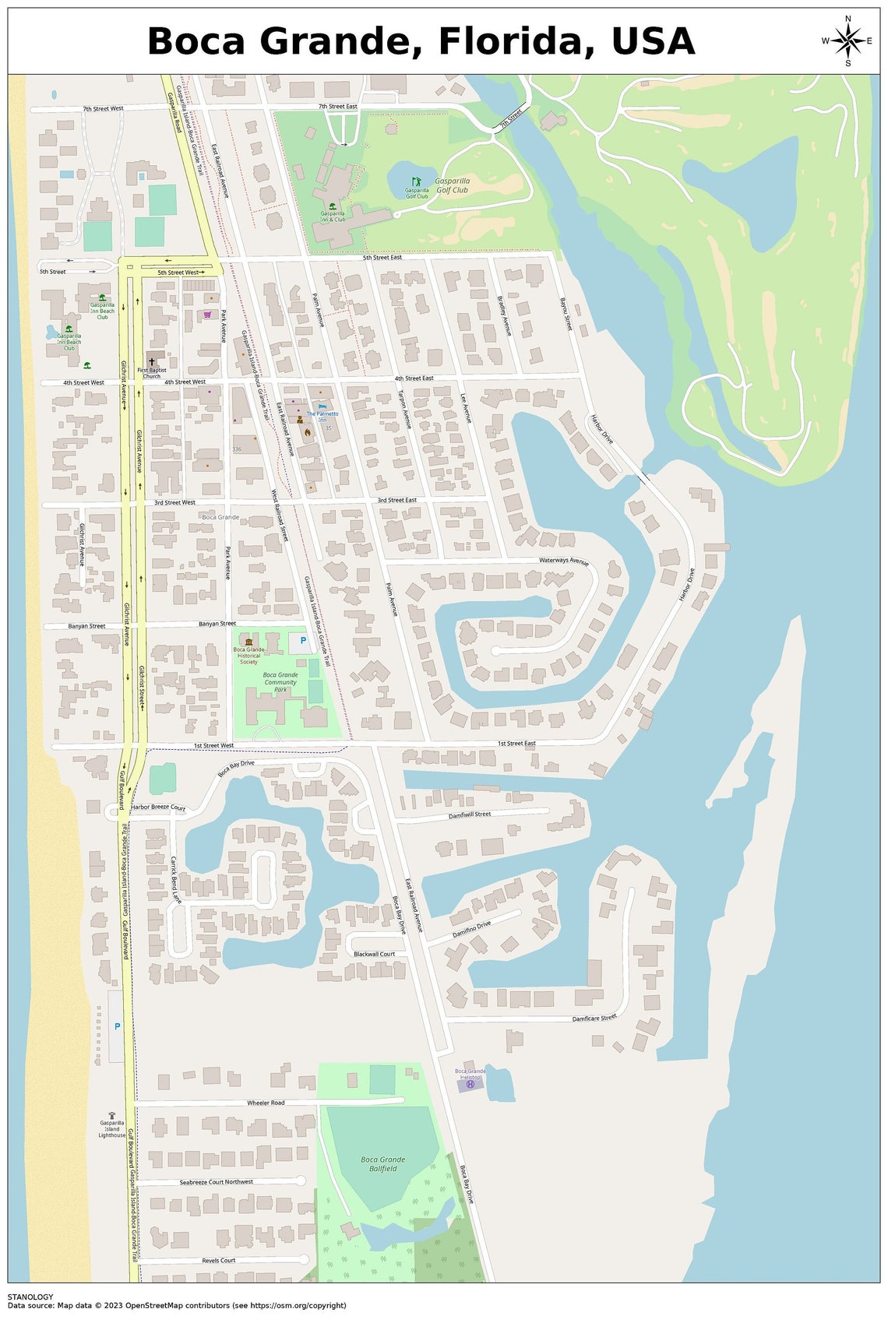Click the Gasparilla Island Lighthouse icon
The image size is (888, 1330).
[x=112, y=1116]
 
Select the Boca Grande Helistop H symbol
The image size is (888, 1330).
[x=470, y=1084]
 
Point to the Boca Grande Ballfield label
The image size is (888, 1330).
[x=383, y=1164]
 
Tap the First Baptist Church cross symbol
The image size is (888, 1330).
[x=151, y=363]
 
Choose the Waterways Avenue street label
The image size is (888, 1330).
[x=564, y=561]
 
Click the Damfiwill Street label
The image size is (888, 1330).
[x=470, y=815]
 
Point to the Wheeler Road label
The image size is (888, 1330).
[x=266, y=1103]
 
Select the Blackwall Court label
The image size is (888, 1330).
[x=374, y=954]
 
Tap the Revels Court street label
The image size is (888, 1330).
[x=219, y=1260]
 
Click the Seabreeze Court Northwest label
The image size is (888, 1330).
[x=217, y=1182]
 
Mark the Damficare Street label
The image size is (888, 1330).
[x=594, y=1018]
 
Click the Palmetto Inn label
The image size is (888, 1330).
[x=322, y=417]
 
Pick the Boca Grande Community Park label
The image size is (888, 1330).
[x=280, y=682]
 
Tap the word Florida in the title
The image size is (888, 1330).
[x=513, y=40]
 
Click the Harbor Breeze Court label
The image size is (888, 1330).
[x=158, y=807]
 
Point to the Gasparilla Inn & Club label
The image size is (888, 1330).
[x=333, y=216]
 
